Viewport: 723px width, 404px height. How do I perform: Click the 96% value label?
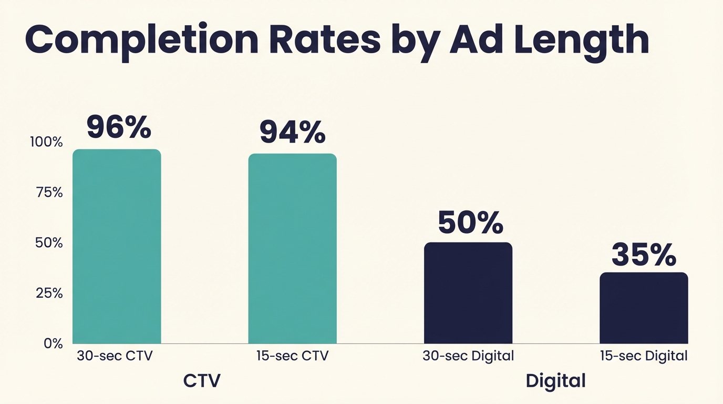coord(119,127)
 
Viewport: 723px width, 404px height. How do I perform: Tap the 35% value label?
coord(644,255)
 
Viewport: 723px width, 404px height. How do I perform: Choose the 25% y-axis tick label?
coord(49,293)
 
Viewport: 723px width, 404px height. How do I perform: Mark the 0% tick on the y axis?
coord(53,344)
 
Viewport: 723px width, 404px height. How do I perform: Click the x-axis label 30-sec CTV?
coord(115,356)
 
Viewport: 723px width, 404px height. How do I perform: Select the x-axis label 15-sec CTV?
coord(292,356)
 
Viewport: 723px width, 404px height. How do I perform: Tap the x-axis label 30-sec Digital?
coord(468,356)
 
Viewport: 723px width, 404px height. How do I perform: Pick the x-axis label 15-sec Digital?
coord(644,356)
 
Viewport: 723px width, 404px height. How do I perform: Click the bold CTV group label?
coord(202,381)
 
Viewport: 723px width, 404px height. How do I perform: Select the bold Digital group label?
coord(555,381)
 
